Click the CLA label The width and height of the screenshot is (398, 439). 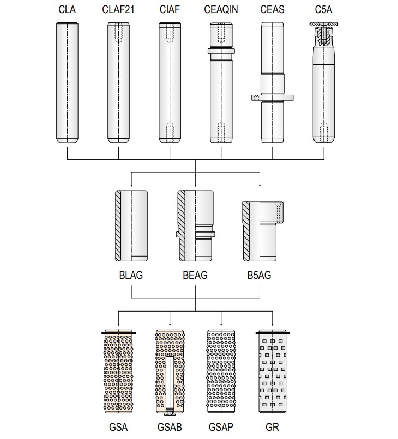pos(67,9)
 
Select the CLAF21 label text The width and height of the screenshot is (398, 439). pos(118,9)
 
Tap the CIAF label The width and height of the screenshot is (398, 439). pos(170,9)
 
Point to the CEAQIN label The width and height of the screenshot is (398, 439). pos(221,9)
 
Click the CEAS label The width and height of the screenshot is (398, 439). pos(272,9)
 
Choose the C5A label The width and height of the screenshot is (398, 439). pos(323,9)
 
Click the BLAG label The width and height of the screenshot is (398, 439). pos(131,275)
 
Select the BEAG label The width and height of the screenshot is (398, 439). pos(195,275)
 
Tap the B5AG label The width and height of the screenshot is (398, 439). pos(259,275)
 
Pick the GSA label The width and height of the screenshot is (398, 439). pos(118,427)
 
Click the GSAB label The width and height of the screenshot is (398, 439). pos(170,427)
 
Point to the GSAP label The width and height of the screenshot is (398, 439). pos(221,427)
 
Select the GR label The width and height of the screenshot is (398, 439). pos(272,427)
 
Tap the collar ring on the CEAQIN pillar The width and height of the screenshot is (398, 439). pos(221,51)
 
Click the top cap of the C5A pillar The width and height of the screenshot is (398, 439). pos(323,24)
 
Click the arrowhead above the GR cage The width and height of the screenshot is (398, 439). pos(272,325)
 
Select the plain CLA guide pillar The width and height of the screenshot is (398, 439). pos(67,82)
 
